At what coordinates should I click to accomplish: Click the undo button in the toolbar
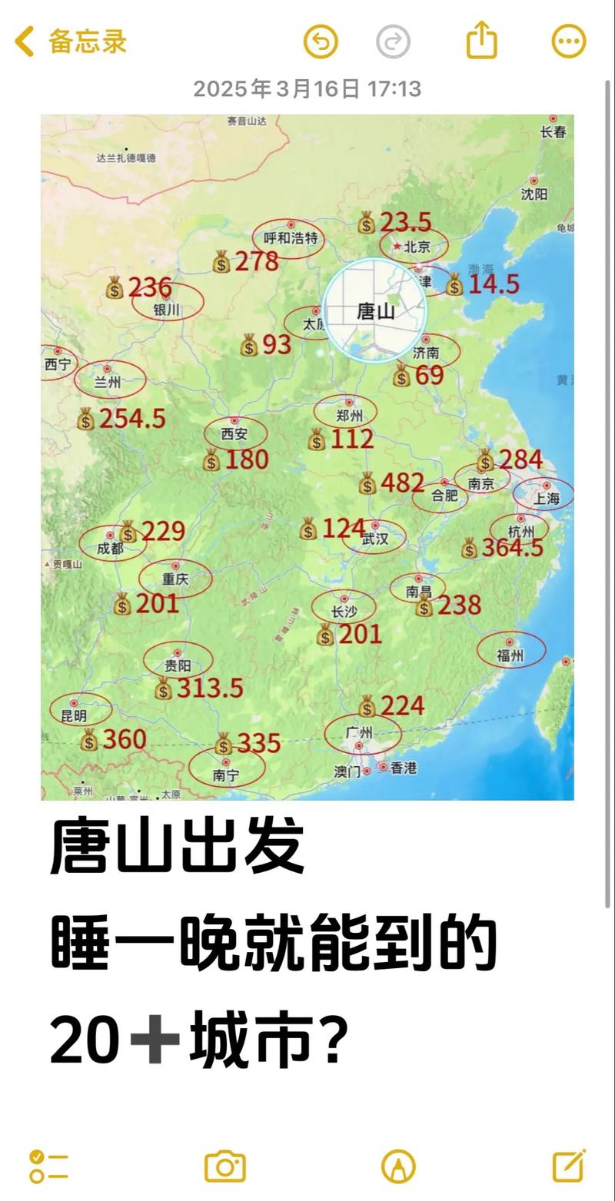(321, 41)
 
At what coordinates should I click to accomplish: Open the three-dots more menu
(569, 41)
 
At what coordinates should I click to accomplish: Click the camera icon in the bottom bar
(224, 1166)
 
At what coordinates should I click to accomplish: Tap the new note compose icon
(569, 1166)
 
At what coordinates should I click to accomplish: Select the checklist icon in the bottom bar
(48, 1166)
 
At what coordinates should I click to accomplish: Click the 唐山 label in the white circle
(376, 311)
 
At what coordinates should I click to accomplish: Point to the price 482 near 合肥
(402, 483)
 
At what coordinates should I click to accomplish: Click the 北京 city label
(416, 247)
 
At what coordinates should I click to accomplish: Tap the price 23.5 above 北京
(405, 223)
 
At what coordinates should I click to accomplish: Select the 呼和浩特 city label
(290, 238)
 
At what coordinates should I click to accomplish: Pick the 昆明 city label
(74, 716)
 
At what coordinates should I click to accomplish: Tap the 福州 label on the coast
(510, 655)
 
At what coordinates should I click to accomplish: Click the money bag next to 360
(89, 741)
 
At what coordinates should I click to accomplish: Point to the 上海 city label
(547, 498)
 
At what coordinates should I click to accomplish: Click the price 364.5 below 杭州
(512, 548)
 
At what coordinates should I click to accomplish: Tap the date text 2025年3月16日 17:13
(307, 89)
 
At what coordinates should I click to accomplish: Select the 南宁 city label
(226, 775)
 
